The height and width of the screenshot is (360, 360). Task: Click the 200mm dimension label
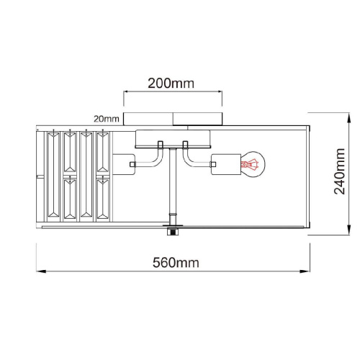pos(171,84)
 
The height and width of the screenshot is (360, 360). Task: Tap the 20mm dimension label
pos(107,119)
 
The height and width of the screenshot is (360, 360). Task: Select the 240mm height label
pos(339,171)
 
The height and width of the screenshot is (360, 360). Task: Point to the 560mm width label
pos(176,263)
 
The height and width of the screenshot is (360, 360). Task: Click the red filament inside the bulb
pos(251,165)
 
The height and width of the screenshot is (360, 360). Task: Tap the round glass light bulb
pos(253,164)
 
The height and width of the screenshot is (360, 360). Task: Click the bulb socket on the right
pos(225,164)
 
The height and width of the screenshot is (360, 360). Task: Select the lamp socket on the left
pos(124,164)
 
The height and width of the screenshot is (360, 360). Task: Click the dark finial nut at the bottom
pos(172,232)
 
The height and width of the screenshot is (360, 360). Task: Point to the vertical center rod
pos(173,185)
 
